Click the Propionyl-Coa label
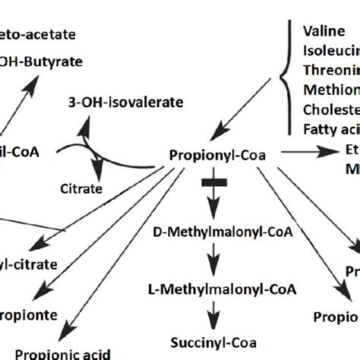(x=214, y=154)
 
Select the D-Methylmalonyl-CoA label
(x=213, y=230)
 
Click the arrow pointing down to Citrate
(x=96, y=162)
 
